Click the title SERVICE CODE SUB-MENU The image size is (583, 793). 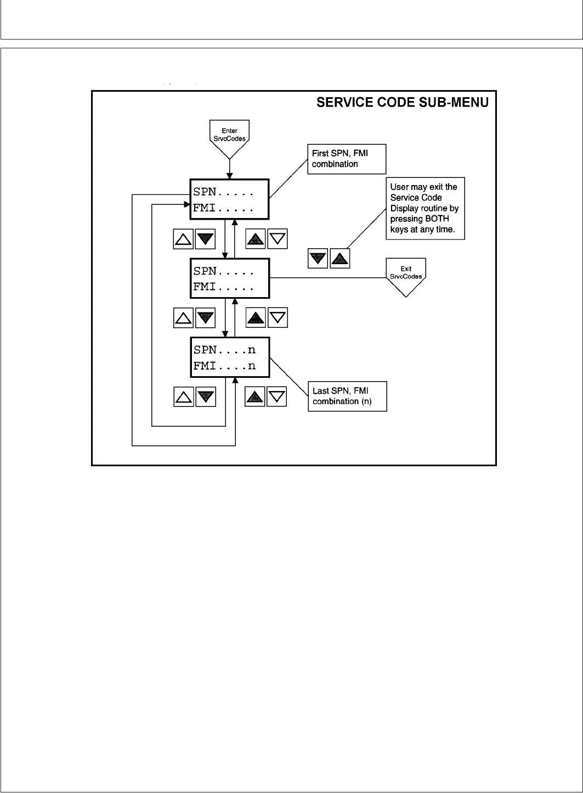tap(403, 103)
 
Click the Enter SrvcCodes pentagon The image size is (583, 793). tap(230, 136)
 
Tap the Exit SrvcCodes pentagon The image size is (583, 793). tap(406, 273)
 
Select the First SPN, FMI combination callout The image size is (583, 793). tap(346, 159)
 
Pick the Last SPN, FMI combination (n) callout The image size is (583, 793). tap(347, 396)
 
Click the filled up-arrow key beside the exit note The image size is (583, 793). tap(340, 258)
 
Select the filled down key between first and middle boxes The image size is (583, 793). tap(205, 239)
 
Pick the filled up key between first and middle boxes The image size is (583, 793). tap(255, 239)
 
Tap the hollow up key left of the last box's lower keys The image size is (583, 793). tap(184, 396)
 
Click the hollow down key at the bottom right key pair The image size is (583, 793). tap(277, 396)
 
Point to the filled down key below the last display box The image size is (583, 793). tap(205, 396)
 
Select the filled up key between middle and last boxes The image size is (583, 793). tap(255, 318)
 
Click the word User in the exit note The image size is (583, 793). tap(399, 187)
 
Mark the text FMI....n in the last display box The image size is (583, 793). tap(224, 365)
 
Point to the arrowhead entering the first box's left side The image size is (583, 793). tap(187, 204)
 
